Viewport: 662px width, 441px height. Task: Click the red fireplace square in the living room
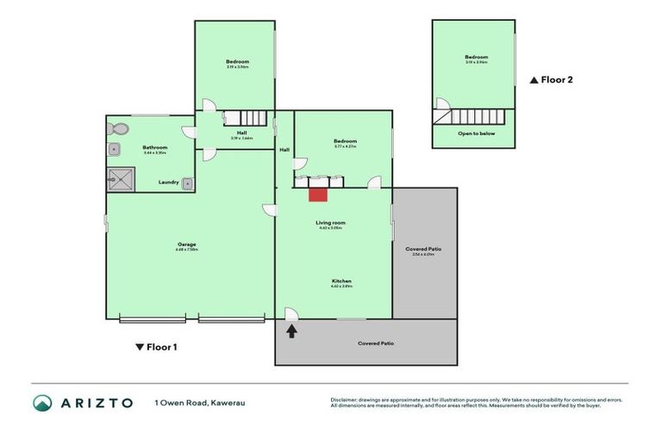click(x=317, y=194)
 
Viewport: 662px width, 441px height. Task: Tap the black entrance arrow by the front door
click(x=292, y=331)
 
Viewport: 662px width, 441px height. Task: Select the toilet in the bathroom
click(x=118, y=129)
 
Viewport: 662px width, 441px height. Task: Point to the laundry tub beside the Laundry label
click(x=187, y=182)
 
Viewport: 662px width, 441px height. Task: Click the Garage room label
click(x=187, y=245)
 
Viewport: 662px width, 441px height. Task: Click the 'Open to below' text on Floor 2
click(x=476, y=134)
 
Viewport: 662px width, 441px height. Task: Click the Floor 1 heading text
click(x=162, y=347)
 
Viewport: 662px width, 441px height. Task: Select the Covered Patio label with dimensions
click(x=423, y=252)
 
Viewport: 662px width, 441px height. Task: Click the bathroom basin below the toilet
click(x=113, y=149)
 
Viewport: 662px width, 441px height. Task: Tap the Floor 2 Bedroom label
click(x=476, y=59)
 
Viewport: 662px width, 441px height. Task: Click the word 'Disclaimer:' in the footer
click(x=344, y=400)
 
